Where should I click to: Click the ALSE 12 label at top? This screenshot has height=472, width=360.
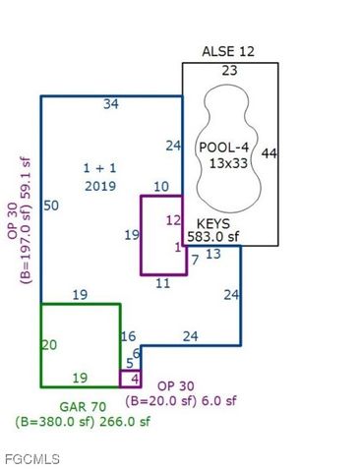click(228, 50)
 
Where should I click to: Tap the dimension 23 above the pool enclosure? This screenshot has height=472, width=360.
click(229, 71)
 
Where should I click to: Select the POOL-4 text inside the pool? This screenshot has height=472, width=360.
click(222, 147)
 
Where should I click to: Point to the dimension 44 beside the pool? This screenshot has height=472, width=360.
click(270, 153)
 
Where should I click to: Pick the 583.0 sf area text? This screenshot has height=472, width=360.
click(213, 236)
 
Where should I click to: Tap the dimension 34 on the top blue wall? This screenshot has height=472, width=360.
click(112, 103)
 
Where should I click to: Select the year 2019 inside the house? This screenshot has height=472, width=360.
click(100, 185)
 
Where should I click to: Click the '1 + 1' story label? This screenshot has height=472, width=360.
click(99, 168)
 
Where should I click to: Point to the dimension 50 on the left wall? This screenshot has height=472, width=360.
click(51, 205)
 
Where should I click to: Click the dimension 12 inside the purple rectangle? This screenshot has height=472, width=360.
click(173, 220)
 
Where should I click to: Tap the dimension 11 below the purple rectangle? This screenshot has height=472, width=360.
click(163, 283)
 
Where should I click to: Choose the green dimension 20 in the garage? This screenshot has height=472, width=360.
click(50, 344)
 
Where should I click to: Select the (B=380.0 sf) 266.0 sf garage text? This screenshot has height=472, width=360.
click(83, 421)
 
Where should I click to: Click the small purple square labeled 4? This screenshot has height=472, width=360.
click(131, 379)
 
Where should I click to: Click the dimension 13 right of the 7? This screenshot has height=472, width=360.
click(212, 255)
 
